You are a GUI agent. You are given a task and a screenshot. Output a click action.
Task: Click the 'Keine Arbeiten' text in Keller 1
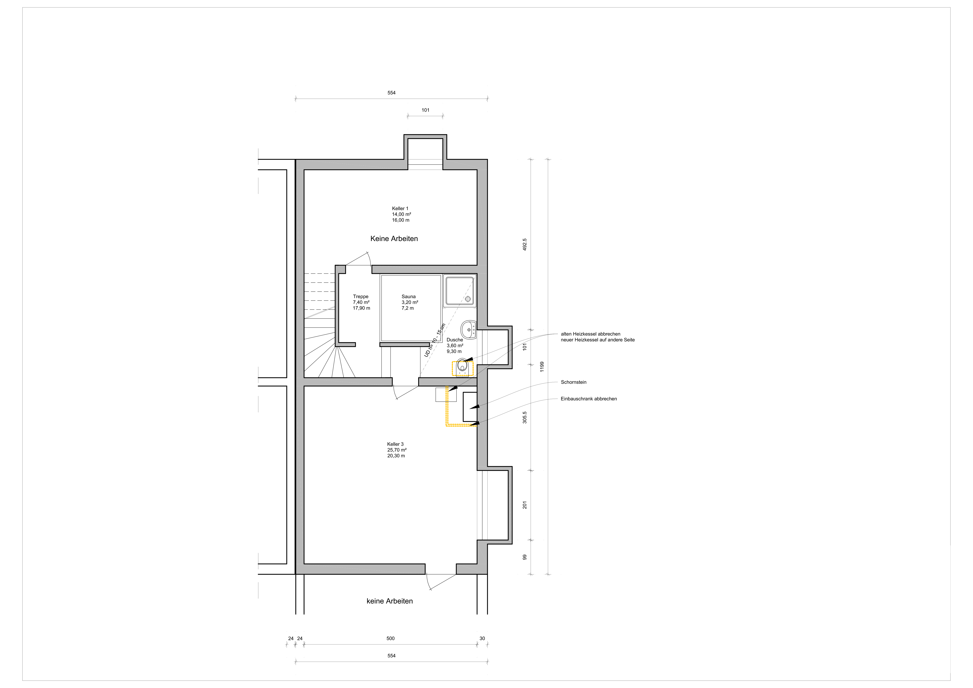[x=394, y=239]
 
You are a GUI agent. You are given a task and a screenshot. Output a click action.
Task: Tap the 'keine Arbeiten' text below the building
[x=389, y=601]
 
